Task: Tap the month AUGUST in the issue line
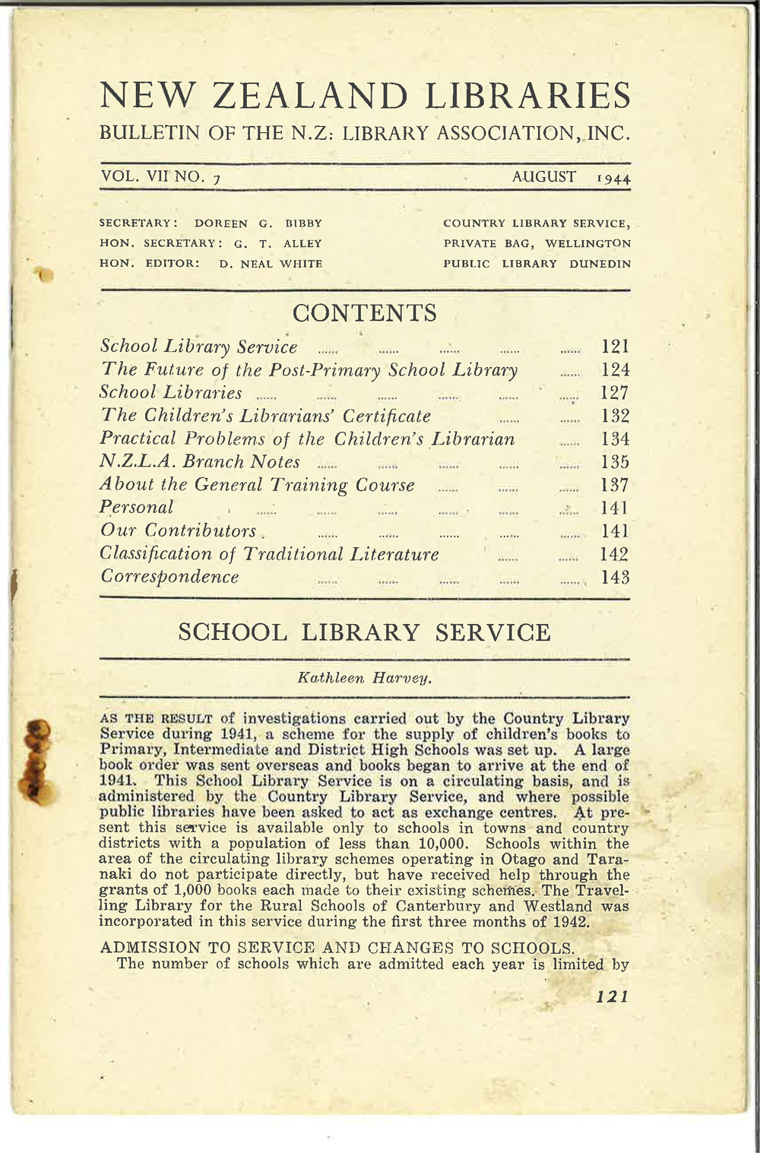coord(543,177)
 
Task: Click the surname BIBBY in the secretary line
coord(304,223)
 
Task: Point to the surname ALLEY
coord(303,244)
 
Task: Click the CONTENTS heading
coord(365,312)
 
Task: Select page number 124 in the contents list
coord(615,371)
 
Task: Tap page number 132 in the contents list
coord(615,417)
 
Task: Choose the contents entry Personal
coord(137,507)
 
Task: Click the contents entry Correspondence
coord(169,577)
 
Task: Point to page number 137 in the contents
coord(615,485)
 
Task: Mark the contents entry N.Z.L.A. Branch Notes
coord(200,462)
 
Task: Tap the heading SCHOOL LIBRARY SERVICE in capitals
coord(364,632)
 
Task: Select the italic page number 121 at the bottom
coord(613,996)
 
